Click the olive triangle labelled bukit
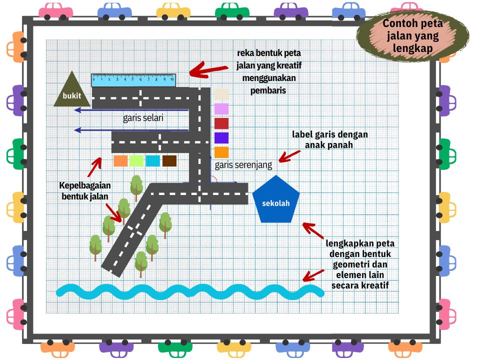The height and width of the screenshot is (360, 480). (72, 93)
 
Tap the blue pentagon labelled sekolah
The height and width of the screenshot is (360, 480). (275, 201)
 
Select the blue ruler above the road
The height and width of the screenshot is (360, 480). (133, 79)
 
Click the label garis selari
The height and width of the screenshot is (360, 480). (143, 118)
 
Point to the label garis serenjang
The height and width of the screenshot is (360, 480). (243, 164)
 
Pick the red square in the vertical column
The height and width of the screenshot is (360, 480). (221, 123)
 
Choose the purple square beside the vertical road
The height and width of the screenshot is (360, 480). (221, 138)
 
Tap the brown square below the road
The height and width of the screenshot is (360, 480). (169, 160)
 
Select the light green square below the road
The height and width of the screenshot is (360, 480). (136, 160)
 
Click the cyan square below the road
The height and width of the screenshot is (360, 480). (152, 160)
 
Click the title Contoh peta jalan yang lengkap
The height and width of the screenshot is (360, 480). (413, 36)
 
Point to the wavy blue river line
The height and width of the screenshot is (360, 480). (190, 291)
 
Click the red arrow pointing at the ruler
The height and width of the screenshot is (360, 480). (203, 69)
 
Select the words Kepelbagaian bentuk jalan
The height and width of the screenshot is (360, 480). (84, 190)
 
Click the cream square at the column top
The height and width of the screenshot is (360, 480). (221, 94)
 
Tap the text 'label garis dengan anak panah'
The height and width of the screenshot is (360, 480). (329, 140)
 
